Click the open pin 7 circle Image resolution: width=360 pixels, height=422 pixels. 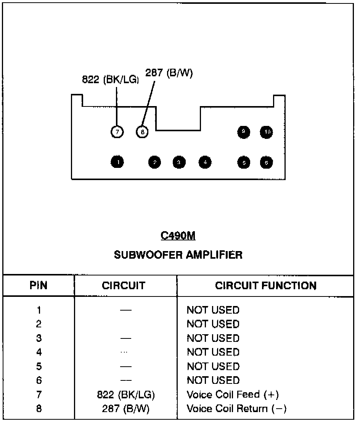[x=117, y=132]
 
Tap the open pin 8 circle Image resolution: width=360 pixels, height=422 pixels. [x=142, y=132]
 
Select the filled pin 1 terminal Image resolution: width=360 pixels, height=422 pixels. [x=118, y=162]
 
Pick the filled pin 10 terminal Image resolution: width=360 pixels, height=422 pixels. [x=267, y=132]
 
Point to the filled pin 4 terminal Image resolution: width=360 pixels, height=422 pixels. [x=205, y=162]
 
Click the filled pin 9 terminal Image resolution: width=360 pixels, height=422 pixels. [x=243, y=132]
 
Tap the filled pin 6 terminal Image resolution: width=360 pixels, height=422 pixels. [x=266, y=163]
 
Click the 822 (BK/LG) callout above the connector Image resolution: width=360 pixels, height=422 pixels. [x=111, y=80]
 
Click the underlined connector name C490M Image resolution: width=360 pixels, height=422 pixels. [x=178, y=236]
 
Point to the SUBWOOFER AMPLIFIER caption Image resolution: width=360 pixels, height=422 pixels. [x=178, y=254]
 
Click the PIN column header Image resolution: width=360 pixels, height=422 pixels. [x=39, y=286]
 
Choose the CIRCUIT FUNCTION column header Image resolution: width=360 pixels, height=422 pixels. [x=266, y=286]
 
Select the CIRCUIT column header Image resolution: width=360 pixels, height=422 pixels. [x=124, y=286]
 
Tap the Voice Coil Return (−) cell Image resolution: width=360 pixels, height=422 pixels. [x=236, y=409]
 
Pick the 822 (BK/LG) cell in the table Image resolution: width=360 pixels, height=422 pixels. [x=126, y=395]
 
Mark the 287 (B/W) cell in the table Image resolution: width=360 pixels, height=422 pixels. [x=126, y=409]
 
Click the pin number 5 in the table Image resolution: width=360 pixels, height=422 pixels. [x=39, y=366]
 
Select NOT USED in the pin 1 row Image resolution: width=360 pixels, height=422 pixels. [x=213, y=310]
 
